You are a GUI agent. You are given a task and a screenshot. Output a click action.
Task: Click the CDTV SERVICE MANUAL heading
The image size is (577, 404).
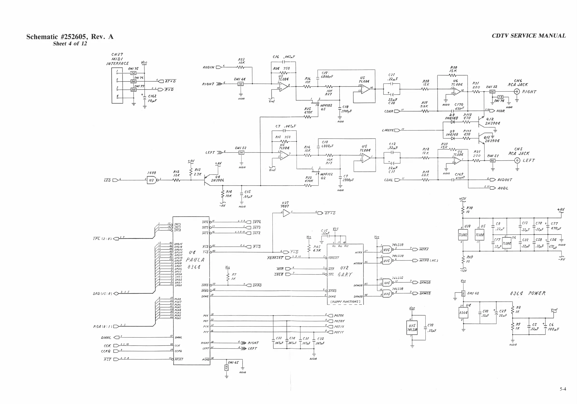(x=528, y=36)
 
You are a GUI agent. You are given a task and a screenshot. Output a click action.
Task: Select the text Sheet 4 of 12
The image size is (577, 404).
(x=70, y=44)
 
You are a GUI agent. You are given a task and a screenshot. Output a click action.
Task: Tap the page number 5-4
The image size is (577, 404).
(x=563, y=389)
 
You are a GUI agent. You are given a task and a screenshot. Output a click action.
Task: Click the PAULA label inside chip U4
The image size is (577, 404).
(x=195, y=260)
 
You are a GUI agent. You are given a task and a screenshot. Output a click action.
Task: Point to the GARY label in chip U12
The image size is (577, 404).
(x=345, y=275)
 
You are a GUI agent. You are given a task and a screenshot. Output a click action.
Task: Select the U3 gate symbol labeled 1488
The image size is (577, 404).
(x=151, y=180)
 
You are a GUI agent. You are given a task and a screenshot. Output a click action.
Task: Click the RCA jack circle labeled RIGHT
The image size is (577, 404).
(x=517, y=92)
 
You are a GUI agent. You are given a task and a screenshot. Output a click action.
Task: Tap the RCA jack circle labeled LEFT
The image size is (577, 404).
(x=517, y=160)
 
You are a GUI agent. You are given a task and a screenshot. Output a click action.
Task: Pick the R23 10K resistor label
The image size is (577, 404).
(x=242, y=61)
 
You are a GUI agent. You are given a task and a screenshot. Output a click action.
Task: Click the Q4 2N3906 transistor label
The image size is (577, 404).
(x=217, y=179)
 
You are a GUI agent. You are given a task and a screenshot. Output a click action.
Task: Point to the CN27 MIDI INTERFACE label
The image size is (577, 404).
(x=117, y=59)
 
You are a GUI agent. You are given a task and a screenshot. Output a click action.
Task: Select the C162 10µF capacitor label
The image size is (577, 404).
(x=152, y=98)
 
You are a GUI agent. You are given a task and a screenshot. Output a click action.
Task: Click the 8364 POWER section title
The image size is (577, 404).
(x=527, y=293)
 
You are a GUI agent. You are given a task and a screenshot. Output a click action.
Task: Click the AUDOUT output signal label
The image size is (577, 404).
(x=505, y=180)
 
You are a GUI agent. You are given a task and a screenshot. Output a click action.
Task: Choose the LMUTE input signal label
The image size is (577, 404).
(x=388, y=130)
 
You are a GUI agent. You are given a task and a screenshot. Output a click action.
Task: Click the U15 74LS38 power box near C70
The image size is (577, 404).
(x=412, y=328)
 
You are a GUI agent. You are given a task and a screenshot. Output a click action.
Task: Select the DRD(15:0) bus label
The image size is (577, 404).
(x=102, y=293)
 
